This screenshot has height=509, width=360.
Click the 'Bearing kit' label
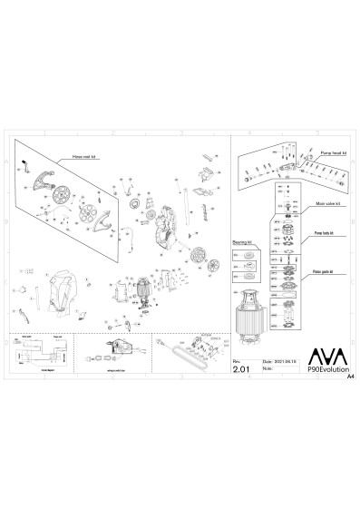click(240, 243)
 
